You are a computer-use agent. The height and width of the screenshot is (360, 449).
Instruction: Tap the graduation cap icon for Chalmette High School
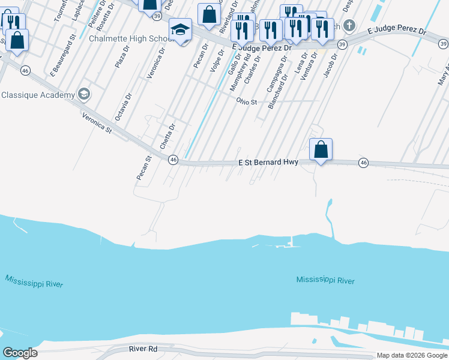(x=180, y=29)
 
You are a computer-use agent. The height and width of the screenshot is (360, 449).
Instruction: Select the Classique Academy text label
(x=38, y=95)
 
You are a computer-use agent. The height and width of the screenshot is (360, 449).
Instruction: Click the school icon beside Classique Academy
(x=83, y=94)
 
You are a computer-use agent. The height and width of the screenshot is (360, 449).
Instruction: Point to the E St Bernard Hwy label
(x=268, y=162)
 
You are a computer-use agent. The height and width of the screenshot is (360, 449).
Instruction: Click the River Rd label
(x=143, y=349)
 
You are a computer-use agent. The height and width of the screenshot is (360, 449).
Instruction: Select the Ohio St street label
(x=246, y=101)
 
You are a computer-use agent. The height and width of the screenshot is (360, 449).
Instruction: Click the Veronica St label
(x=97, y=123)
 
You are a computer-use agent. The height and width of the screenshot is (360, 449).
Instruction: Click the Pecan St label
(x=143, y=168)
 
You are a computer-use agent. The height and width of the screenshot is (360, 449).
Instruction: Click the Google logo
(x=20, y=353)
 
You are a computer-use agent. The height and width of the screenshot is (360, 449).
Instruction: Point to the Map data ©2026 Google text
(x=411, y=355)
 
